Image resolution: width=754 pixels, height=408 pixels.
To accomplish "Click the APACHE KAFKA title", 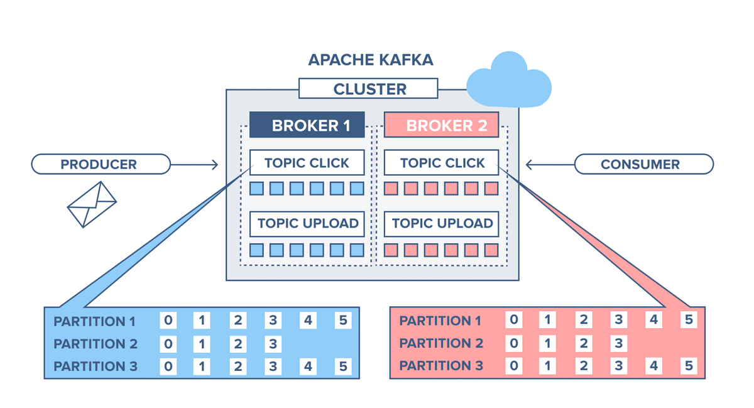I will pos(370,60).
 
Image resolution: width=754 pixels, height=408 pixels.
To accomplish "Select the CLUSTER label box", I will pos(368,89).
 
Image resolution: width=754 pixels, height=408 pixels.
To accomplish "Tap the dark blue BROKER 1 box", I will pos(307,125).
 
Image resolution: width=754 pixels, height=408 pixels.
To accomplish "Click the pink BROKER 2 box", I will pos(441,125).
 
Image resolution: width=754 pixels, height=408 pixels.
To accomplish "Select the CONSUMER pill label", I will pos(643,165).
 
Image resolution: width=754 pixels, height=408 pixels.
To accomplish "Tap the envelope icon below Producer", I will pos(92,204).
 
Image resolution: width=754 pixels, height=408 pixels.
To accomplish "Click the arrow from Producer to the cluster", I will pos(194,165).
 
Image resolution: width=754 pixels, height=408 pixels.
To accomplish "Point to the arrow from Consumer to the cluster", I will pos(549,165).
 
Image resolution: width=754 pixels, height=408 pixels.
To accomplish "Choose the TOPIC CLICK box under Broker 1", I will pos(307,163).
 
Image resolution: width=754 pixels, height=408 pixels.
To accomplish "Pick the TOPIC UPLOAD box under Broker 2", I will pos(441,223).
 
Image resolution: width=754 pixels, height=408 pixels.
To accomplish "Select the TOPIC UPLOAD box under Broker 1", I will pos(307,223).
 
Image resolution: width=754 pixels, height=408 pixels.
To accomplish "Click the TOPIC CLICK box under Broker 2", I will pos(441,163).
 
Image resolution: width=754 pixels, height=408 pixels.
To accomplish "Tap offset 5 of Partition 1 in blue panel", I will pos(342,321).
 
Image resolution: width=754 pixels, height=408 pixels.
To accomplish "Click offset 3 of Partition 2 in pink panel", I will pos(618,343).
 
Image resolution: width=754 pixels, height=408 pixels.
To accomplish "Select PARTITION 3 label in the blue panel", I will pos(95,366).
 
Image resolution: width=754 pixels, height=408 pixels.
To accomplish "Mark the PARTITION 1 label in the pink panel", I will pos(440,321).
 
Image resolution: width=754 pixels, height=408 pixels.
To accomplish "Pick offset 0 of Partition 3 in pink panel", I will pos(513,366).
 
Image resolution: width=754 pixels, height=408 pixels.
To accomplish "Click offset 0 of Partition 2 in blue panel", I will pos(168,343).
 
